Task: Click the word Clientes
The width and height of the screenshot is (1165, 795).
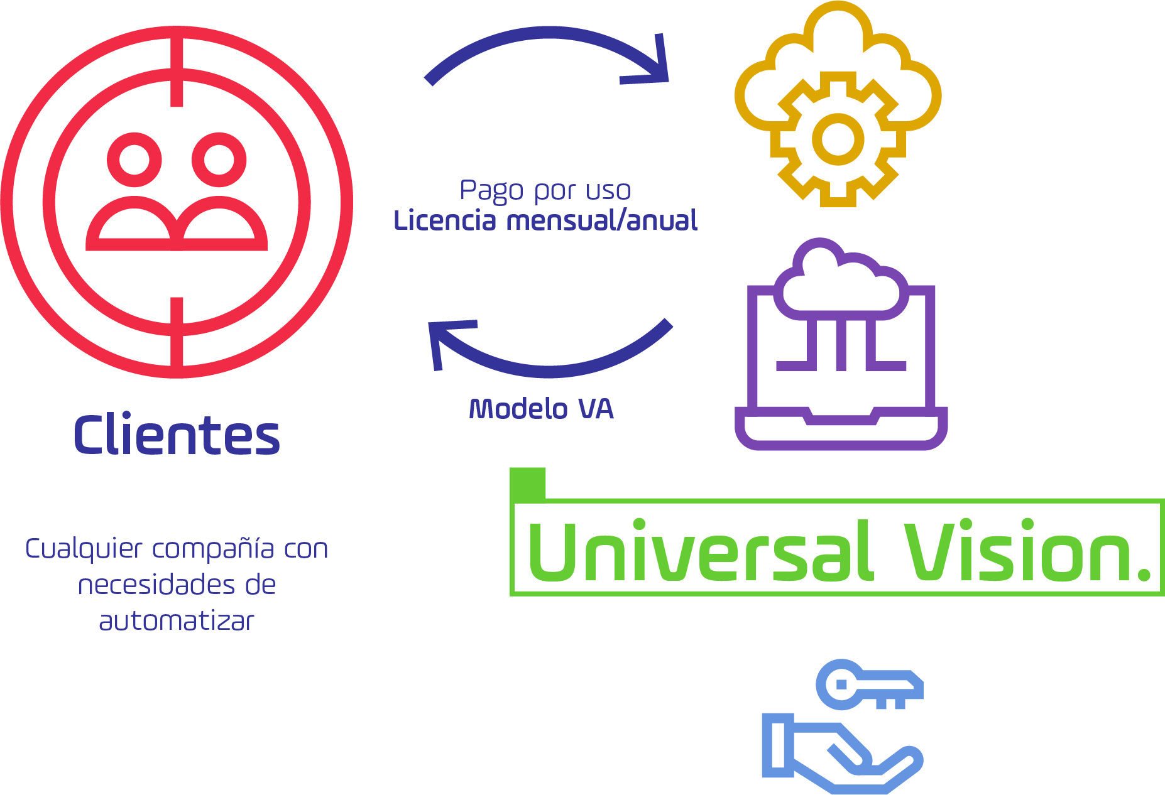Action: coord(177,435)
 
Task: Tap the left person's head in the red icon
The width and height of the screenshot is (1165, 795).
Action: coord(134,160)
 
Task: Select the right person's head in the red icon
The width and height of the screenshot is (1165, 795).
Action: coord(219,160)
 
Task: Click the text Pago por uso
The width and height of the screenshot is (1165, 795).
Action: coord(545,190)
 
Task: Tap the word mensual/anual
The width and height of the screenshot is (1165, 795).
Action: coord(601,221)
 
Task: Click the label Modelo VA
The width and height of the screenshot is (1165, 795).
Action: coord(541,409)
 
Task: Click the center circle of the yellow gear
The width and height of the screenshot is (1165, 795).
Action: coord(838,139)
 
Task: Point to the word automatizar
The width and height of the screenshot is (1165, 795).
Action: coord(177,621)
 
